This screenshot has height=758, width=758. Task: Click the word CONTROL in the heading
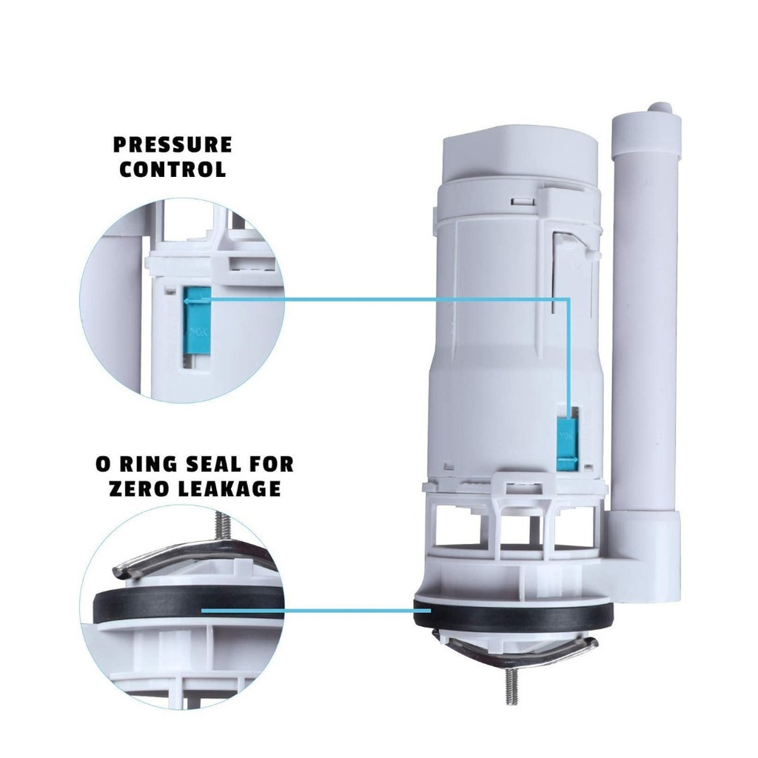173,169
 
